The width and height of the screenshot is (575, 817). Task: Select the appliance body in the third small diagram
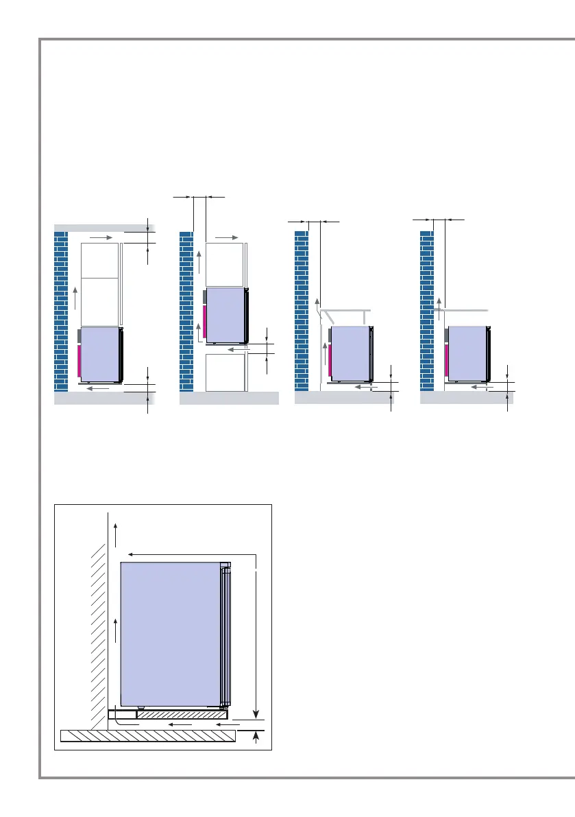(x=351, y=353)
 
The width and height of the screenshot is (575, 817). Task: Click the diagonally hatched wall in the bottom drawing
(x=95, y=617)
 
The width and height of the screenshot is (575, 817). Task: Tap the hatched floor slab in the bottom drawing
(x=147, y=735)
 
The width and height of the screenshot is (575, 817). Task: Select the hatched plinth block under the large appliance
(x=182, y=714)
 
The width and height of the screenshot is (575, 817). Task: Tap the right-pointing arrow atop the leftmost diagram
(x=99, y=237)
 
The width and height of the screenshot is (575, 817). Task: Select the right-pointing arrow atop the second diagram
(x=227, y=237)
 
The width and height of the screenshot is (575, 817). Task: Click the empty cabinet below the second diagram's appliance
(x=225, y=372)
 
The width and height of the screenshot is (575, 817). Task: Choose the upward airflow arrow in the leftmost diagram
(x=75, y=299)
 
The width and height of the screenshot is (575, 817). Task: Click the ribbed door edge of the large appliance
(x=225, y=635)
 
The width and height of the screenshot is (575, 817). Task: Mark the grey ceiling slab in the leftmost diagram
(x=103, y=228)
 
